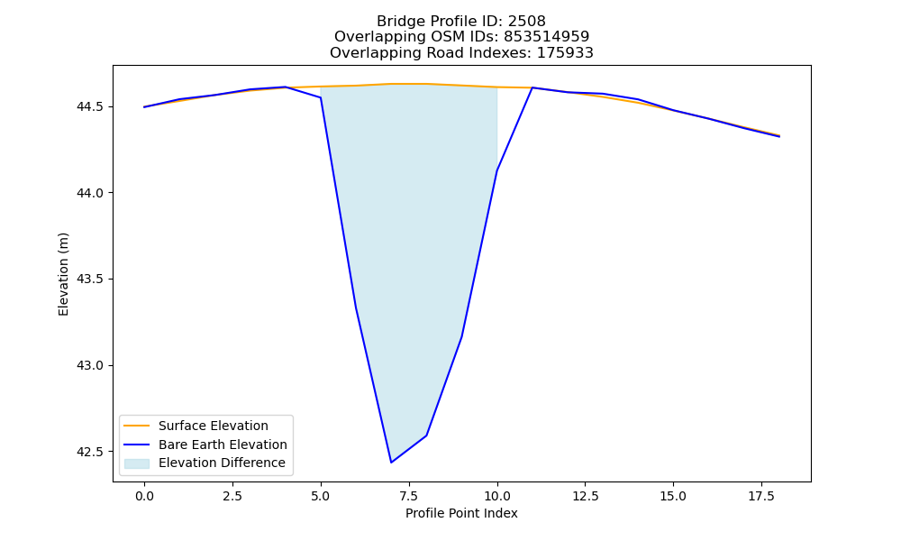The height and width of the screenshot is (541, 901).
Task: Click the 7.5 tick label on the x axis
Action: tap(408, 496)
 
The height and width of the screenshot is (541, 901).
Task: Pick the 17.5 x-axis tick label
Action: tap(761, 496)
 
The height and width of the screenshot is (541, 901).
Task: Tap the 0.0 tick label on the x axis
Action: tap(144, 496)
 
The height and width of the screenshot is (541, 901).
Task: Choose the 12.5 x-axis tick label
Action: tap(585, 496)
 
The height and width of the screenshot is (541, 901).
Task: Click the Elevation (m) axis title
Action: tap(63, 274)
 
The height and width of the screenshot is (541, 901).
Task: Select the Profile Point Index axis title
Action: tap(461, 513)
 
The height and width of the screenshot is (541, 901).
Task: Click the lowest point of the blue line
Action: tap(391, 463)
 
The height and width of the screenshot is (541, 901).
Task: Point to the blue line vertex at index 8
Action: tap(426, 436)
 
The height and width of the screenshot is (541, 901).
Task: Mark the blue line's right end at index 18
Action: tap(779, 136)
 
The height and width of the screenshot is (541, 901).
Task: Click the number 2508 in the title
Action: tap(526, 22)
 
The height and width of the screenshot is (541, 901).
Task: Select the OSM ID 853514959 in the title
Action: tap(547, 37)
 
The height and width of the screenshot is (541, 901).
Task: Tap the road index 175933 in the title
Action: tap(565, 53)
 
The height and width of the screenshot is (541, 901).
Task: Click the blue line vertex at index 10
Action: tap(497, 170)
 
